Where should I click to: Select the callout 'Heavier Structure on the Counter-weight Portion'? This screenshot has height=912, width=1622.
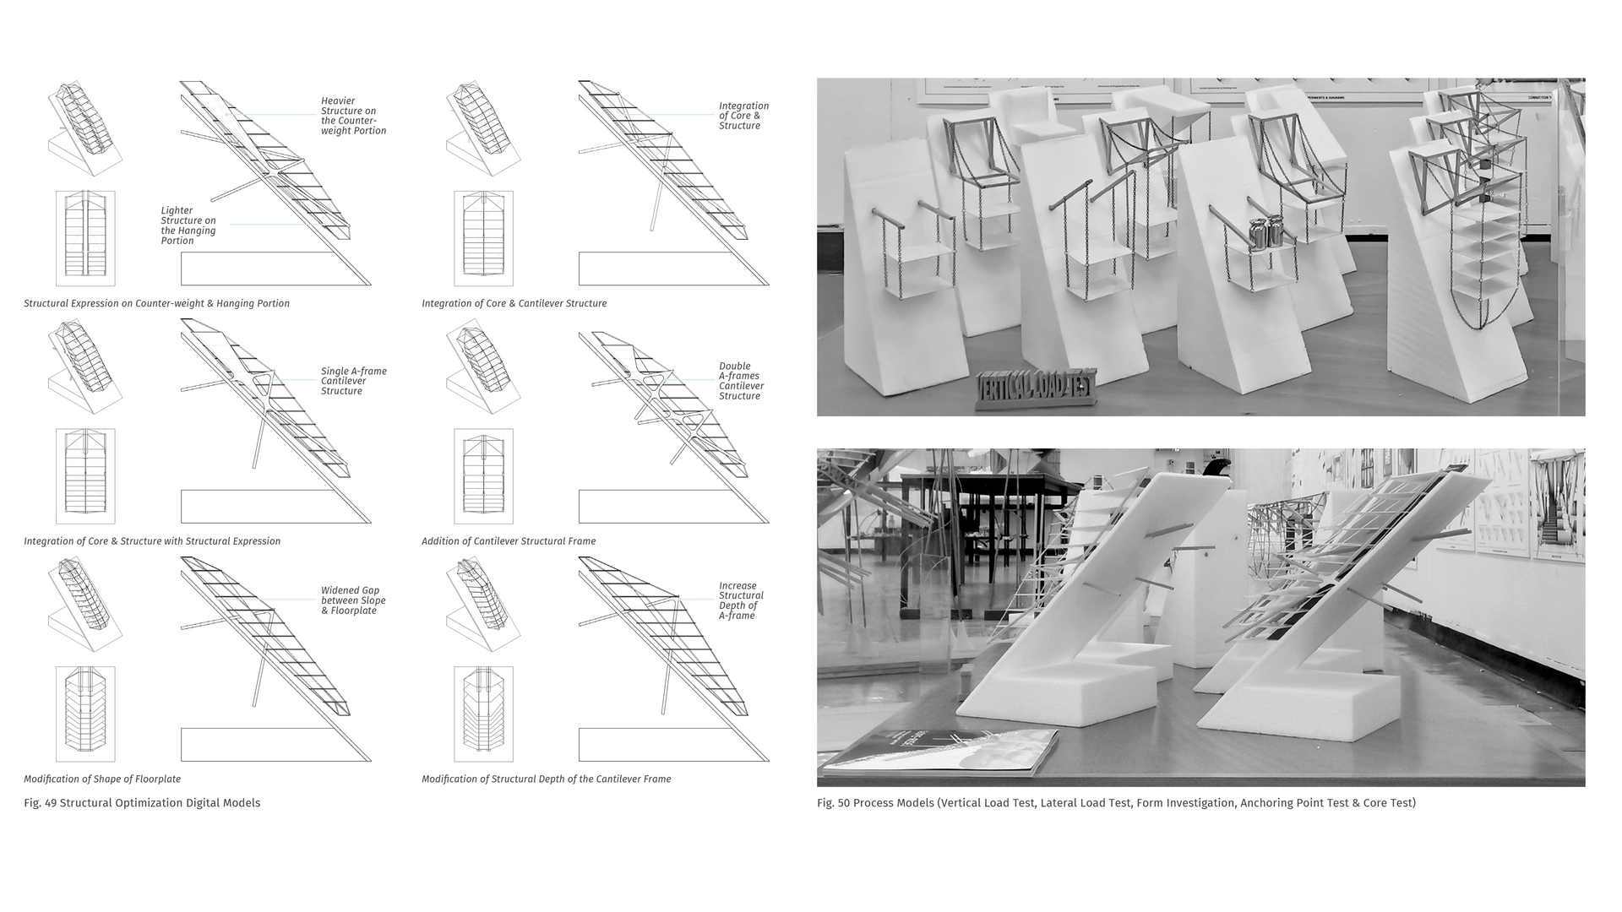[x=353, y=116]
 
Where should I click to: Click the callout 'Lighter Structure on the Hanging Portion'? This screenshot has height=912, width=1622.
[x=188, y=225]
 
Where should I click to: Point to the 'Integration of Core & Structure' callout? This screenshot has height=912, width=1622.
[x=743, y=116]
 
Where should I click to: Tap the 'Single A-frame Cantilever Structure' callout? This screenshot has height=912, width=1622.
[x=353, y=381]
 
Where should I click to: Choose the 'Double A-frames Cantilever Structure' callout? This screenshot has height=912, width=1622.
[x=741, y=381]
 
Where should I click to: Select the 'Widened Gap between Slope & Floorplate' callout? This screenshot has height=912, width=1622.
[x=353, y=600]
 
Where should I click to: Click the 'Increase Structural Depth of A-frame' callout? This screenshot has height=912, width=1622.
[x=741, y=600]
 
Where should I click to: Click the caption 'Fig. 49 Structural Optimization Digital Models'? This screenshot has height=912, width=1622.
[x=142, y=803]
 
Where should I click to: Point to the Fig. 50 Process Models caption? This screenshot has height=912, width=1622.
[x=1115, y=803]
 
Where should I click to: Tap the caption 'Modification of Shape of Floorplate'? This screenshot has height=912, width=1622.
[x=102, y=779]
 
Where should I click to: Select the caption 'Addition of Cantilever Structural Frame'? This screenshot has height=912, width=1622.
[x=509, y=541]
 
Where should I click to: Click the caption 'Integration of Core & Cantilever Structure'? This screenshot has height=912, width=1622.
[x=514, y=303]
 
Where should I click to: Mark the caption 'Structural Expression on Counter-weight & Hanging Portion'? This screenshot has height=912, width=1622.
[x=156, y=303]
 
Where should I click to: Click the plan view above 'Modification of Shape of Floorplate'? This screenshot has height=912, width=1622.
[x=85, y=714]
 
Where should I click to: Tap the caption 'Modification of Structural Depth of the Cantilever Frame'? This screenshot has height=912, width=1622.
[x=546, y=779]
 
